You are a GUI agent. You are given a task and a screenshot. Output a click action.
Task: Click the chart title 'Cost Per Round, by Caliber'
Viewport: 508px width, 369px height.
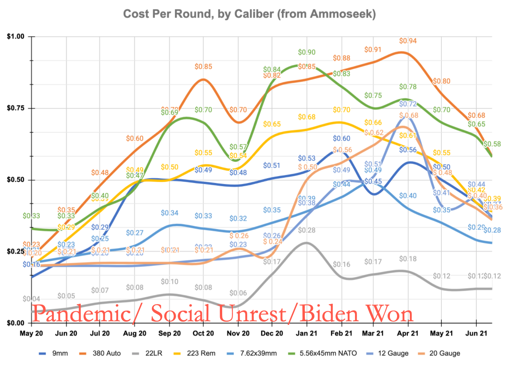249,14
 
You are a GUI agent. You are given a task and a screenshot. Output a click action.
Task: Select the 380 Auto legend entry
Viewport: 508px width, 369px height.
107,353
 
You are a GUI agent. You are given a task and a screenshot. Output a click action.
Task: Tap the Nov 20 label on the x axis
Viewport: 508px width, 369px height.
238,334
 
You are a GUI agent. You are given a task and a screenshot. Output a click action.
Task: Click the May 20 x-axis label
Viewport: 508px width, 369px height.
31,334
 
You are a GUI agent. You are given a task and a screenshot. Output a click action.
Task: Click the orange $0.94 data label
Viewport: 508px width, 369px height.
407,41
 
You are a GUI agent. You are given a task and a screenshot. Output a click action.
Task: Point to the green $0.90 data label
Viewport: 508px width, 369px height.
306,52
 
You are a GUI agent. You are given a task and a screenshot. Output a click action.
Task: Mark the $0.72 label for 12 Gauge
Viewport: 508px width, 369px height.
408,104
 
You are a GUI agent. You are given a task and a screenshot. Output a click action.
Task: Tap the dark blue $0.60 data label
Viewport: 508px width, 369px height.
341,138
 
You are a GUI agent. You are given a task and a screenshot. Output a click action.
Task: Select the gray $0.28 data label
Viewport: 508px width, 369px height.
306,230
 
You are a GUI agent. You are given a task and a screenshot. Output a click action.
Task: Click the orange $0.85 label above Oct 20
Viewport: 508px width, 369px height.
204,66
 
